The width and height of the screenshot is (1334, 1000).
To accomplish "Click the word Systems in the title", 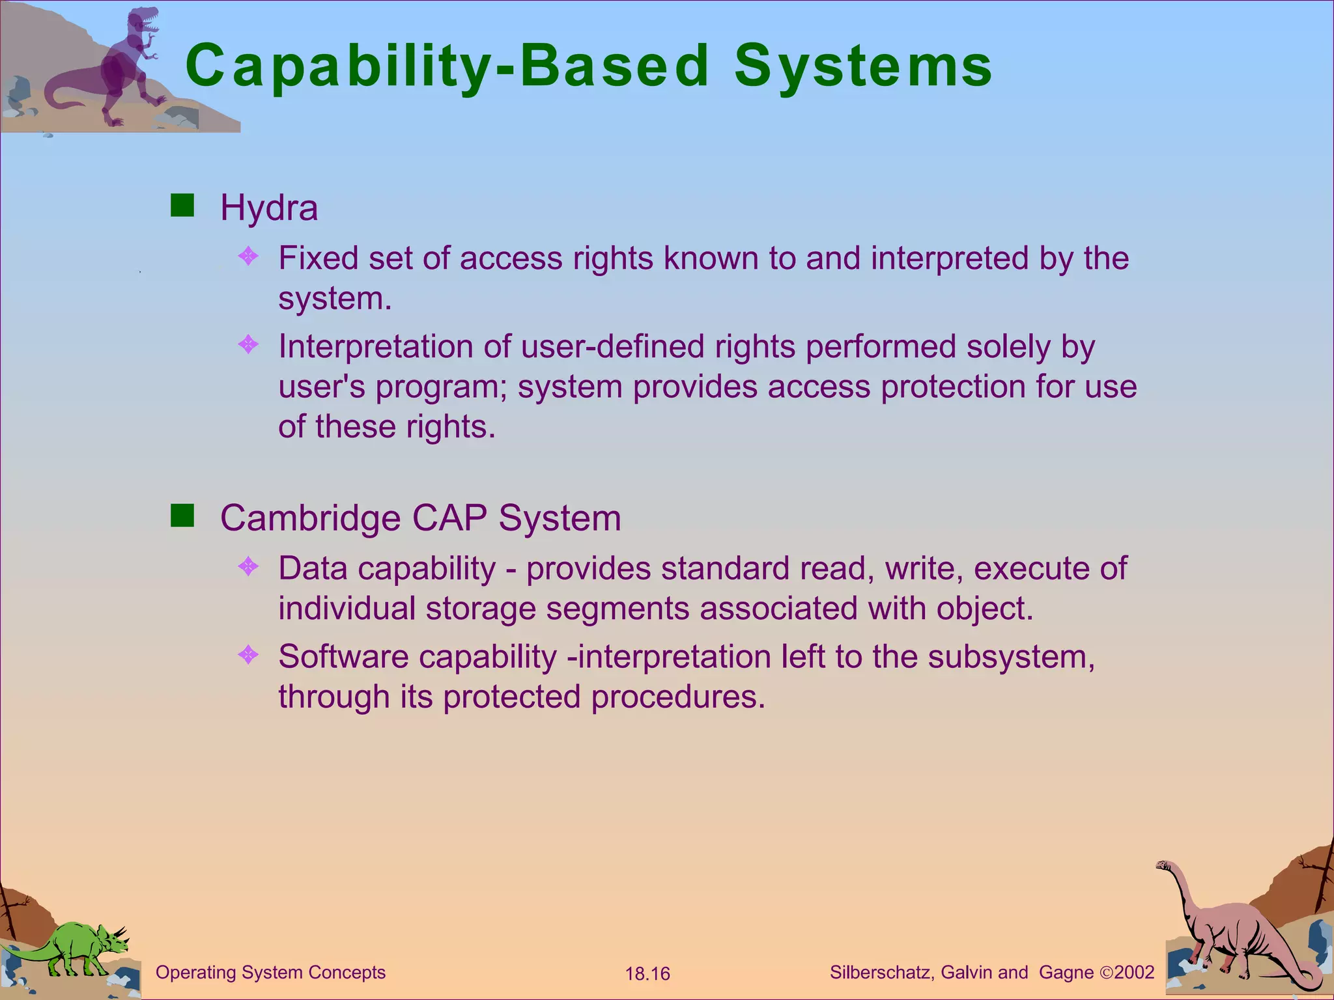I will [862, 66].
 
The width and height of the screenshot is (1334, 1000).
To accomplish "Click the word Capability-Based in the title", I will [447, 66].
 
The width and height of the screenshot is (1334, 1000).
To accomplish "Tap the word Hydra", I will [269, 208].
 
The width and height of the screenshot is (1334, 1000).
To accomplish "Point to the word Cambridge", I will [310, 518].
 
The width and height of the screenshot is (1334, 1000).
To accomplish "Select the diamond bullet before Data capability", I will [249, 566].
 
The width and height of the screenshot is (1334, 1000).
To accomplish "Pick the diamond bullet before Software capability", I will [249, 654].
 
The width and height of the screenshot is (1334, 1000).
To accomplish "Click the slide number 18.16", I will [647, 974].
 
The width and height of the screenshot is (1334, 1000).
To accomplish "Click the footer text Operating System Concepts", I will [270, 973].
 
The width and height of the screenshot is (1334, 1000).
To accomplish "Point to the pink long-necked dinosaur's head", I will [1165, 866].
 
